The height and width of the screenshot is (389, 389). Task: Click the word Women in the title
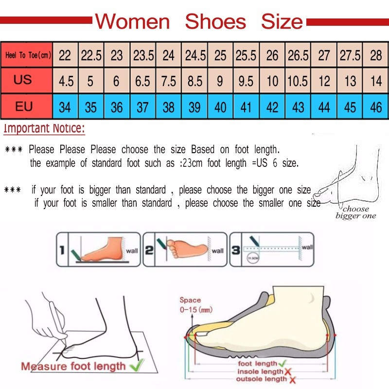pos(132,22)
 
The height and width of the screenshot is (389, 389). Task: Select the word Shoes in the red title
pos(215,22)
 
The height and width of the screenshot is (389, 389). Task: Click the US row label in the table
pos(23,80)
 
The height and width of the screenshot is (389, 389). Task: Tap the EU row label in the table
pos(23,106)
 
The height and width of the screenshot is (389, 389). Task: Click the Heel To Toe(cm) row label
pos(28,55)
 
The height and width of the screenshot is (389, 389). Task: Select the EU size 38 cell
pos(168,106)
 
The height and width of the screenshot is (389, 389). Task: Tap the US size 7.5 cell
pos(168,80)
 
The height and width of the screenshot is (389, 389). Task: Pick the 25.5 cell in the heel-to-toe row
pos(246,55)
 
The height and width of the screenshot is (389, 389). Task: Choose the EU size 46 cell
pos(376,106)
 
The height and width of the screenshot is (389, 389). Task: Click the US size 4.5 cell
pos(66,80)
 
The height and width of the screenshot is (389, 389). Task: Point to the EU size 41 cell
pos(246,106)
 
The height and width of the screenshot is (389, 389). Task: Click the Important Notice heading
pos(44,129)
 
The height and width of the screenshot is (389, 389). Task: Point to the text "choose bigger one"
pos(355,212)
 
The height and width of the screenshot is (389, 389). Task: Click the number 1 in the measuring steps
pos(62,251)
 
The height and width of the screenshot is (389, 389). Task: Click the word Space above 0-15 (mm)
pos(190,301)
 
